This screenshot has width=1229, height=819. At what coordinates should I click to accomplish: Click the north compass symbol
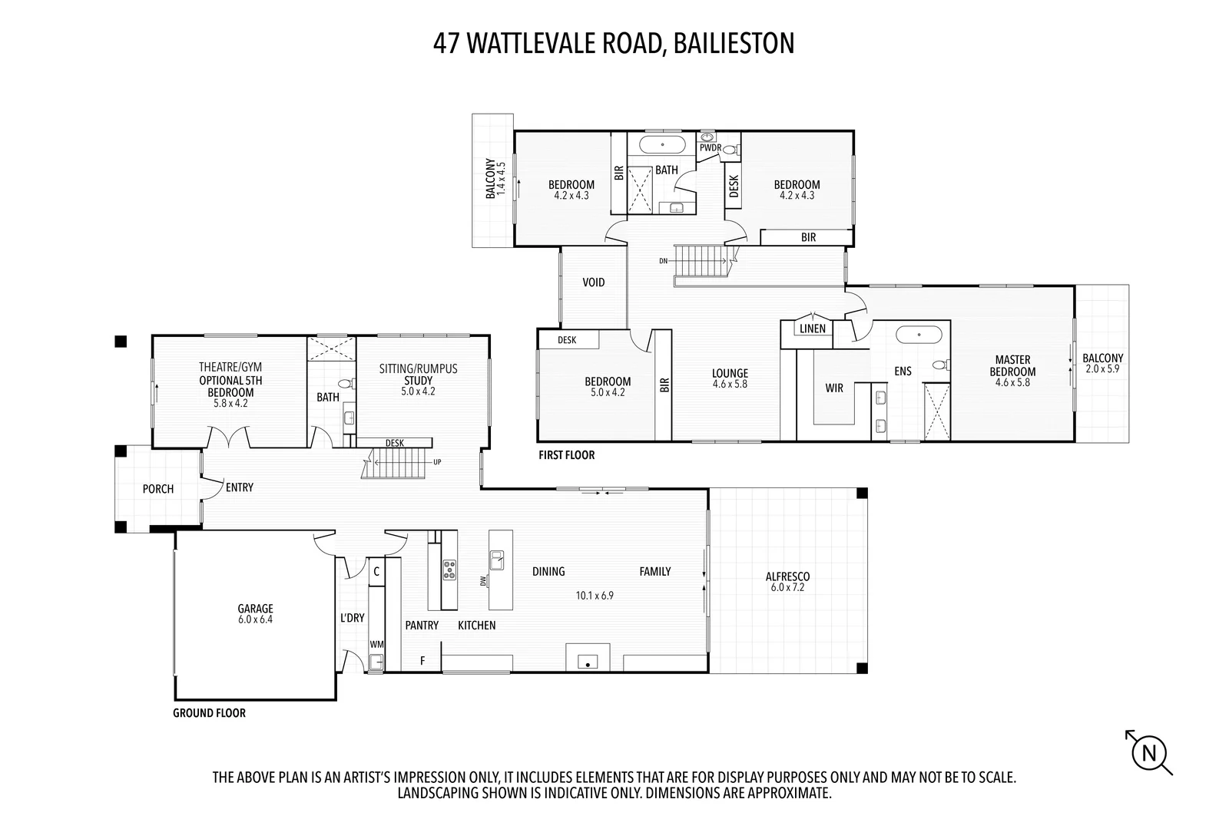pos(1150,752)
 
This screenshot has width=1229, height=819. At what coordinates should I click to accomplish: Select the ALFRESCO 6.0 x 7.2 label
pos(787,582)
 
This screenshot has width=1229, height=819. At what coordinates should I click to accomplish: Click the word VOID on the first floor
pos(594,282)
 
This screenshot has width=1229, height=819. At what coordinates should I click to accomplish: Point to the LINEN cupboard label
pos(813,329)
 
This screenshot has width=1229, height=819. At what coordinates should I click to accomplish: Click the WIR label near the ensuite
pos(834,388)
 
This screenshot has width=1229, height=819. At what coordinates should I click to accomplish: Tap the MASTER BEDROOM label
pos(1012,365)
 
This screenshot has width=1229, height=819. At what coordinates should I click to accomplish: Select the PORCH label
pos(158,489)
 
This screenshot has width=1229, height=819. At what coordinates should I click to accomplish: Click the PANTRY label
pos(422,626)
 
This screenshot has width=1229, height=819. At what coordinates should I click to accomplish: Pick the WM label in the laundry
pos(376,644)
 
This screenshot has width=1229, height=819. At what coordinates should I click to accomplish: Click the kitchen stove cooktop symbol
pos(449,570)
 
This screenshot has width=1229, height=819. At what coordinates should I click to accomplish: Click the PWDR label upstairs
pos(709,147)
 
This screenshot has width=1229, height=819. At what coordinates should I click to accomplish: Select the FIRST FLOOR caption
pos(566,455)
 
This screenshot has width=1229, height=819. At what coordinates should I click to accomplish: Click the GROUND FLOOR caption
pos(209,713)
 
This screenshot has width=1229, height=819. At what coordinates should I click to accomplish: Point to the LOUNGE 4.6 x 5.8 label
pos(730,378)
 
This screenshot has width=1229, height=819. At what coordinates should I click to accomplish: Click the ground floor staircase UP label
pos(437,462)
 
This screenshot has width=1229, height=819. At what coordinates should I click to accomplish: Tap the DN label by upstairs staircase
pos(663,262)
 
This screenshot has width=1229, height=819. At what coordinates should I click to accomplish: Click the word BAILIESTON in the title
pos(733,43)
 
